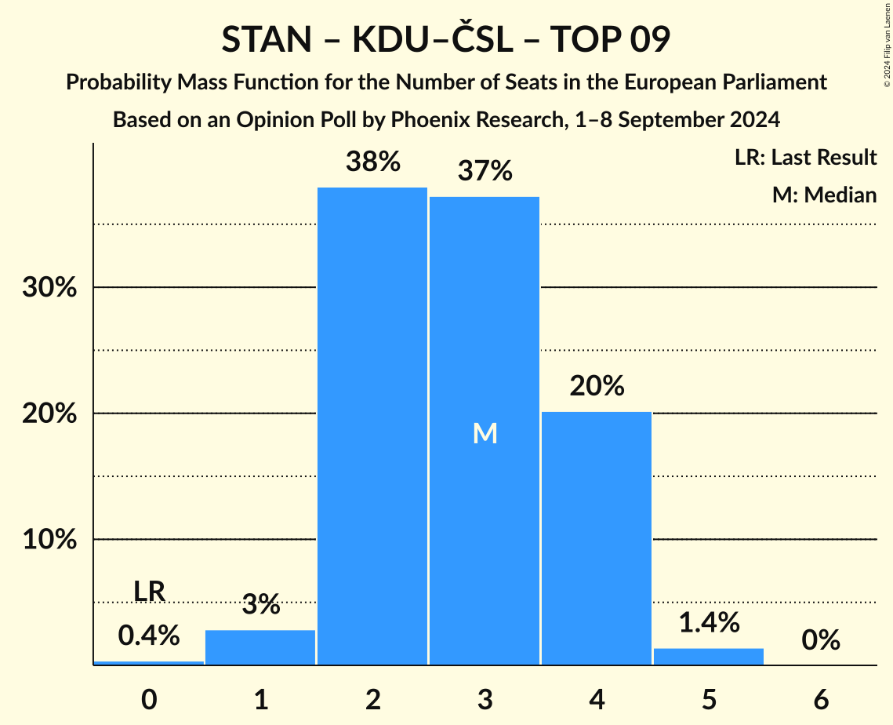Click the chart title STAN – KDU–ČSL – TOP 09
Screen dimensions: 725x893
[445, 40]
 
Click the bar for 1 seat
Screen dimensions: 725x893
[260, 647]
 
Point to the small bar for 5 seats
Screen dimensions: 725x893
[709, 657]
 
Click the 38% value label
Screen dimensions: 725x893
[372, 162]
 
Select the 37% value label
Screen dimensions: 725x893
[485, 170]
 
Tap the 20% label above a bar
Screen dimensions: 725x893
[597, 386]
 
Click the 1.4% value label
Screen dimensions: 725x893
[709, 622]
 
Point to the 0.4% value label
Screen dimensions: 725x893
[149, 635]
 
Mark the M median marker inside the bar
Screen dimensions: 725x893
[485, 432]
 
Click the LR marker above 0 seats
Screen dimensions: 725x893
[149, 592]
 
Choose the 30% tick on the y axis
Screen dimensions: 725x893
[49, 288]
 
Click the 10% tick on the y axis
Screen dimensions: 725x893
[49, 540]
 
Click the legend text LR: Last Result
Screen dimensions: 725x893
[805, 158]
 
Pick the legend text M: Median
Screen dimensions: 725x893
[824, 195]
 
